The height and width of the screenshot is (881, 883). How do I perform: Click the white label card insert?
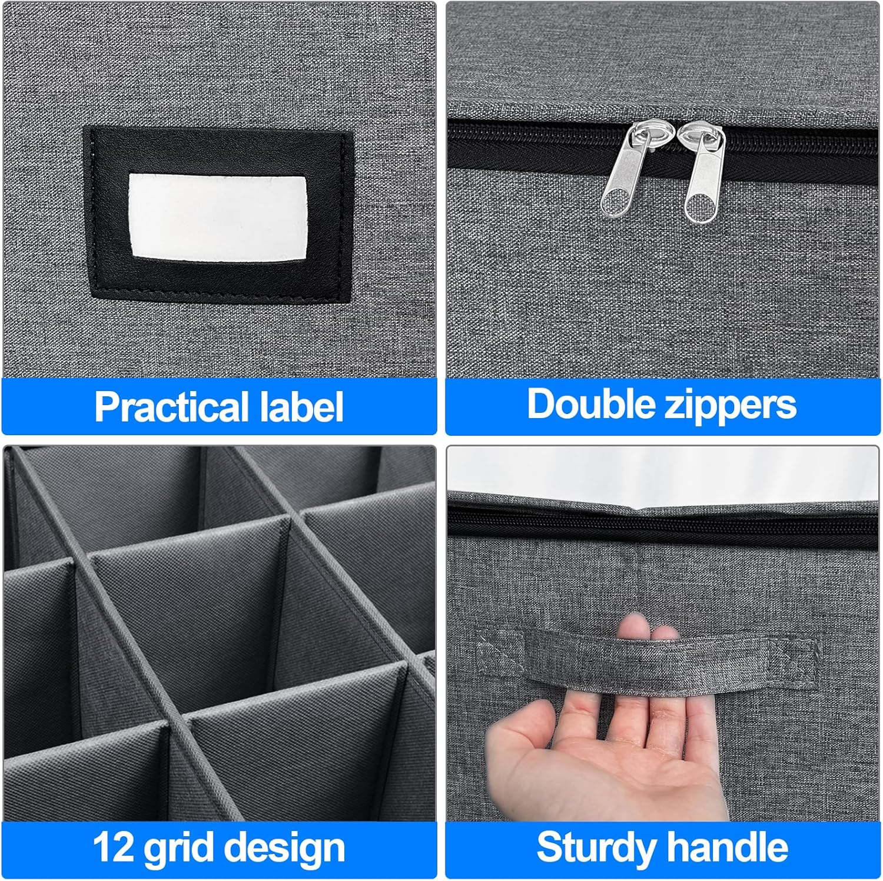(218, 216)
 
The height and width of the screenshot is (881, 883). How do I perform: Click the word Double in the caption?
(590, 405)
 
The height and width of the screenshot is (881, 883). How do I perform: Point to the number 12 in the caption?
(114, 848)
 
